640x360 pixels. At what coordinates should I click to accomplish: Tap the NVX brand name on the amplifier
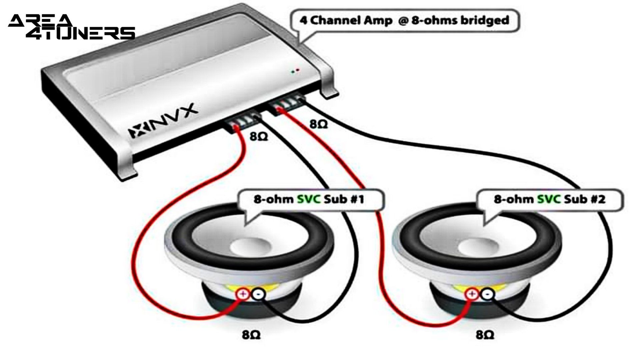[x=163, y=121]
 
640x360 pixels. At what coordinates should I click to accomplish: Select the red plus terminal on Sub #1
[x=243, y=294]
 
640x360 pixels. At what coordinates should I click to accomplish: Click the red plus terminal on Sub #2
[x=471, y=294]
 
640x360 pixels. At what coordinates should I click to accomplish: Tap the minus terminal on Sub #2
[x=487, y=294]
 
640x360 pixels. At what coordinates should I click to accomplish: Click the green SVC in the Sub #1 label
[x=309, y=199]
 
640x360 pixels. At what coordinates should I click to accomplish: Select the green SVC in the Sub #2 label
[x=549, y=199]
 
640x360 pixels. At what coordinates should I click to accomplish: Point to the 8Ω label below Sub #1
[x=251, y=334]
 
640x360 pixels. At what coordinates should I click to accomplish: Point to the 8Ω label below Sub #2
[x=485, y=334]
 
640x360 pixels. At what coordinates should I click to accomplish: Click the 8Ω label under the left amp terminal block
[x=259, y=136]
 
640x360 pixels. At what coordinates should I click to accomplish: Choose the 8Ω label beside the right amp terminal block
[x=319, y=124]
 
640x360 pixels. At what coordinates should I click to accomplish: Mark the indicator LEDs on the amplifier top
[x=295, y=71]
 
